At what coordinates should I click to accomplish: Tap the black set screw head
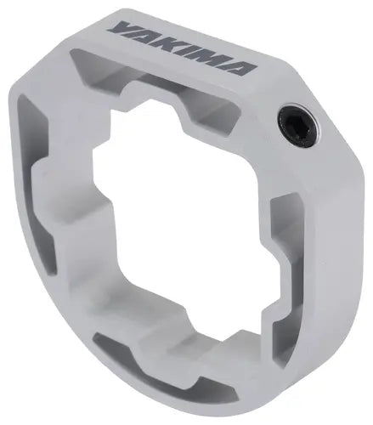click(300, 126)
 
